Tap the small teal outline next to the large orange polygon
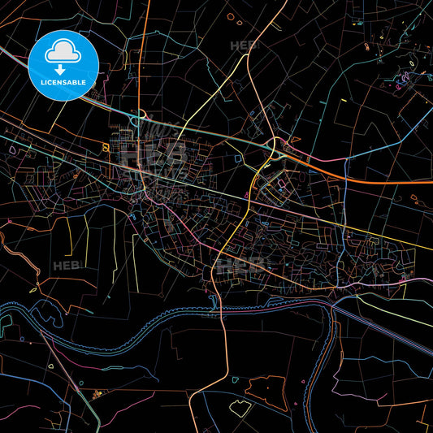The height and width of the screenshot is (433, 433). click(235, 379)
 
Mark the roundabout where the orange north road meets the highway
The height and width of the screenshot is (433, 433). click(140, 115)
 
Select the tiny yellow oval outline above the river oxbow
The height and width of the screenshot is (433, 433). click(34, 288)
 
